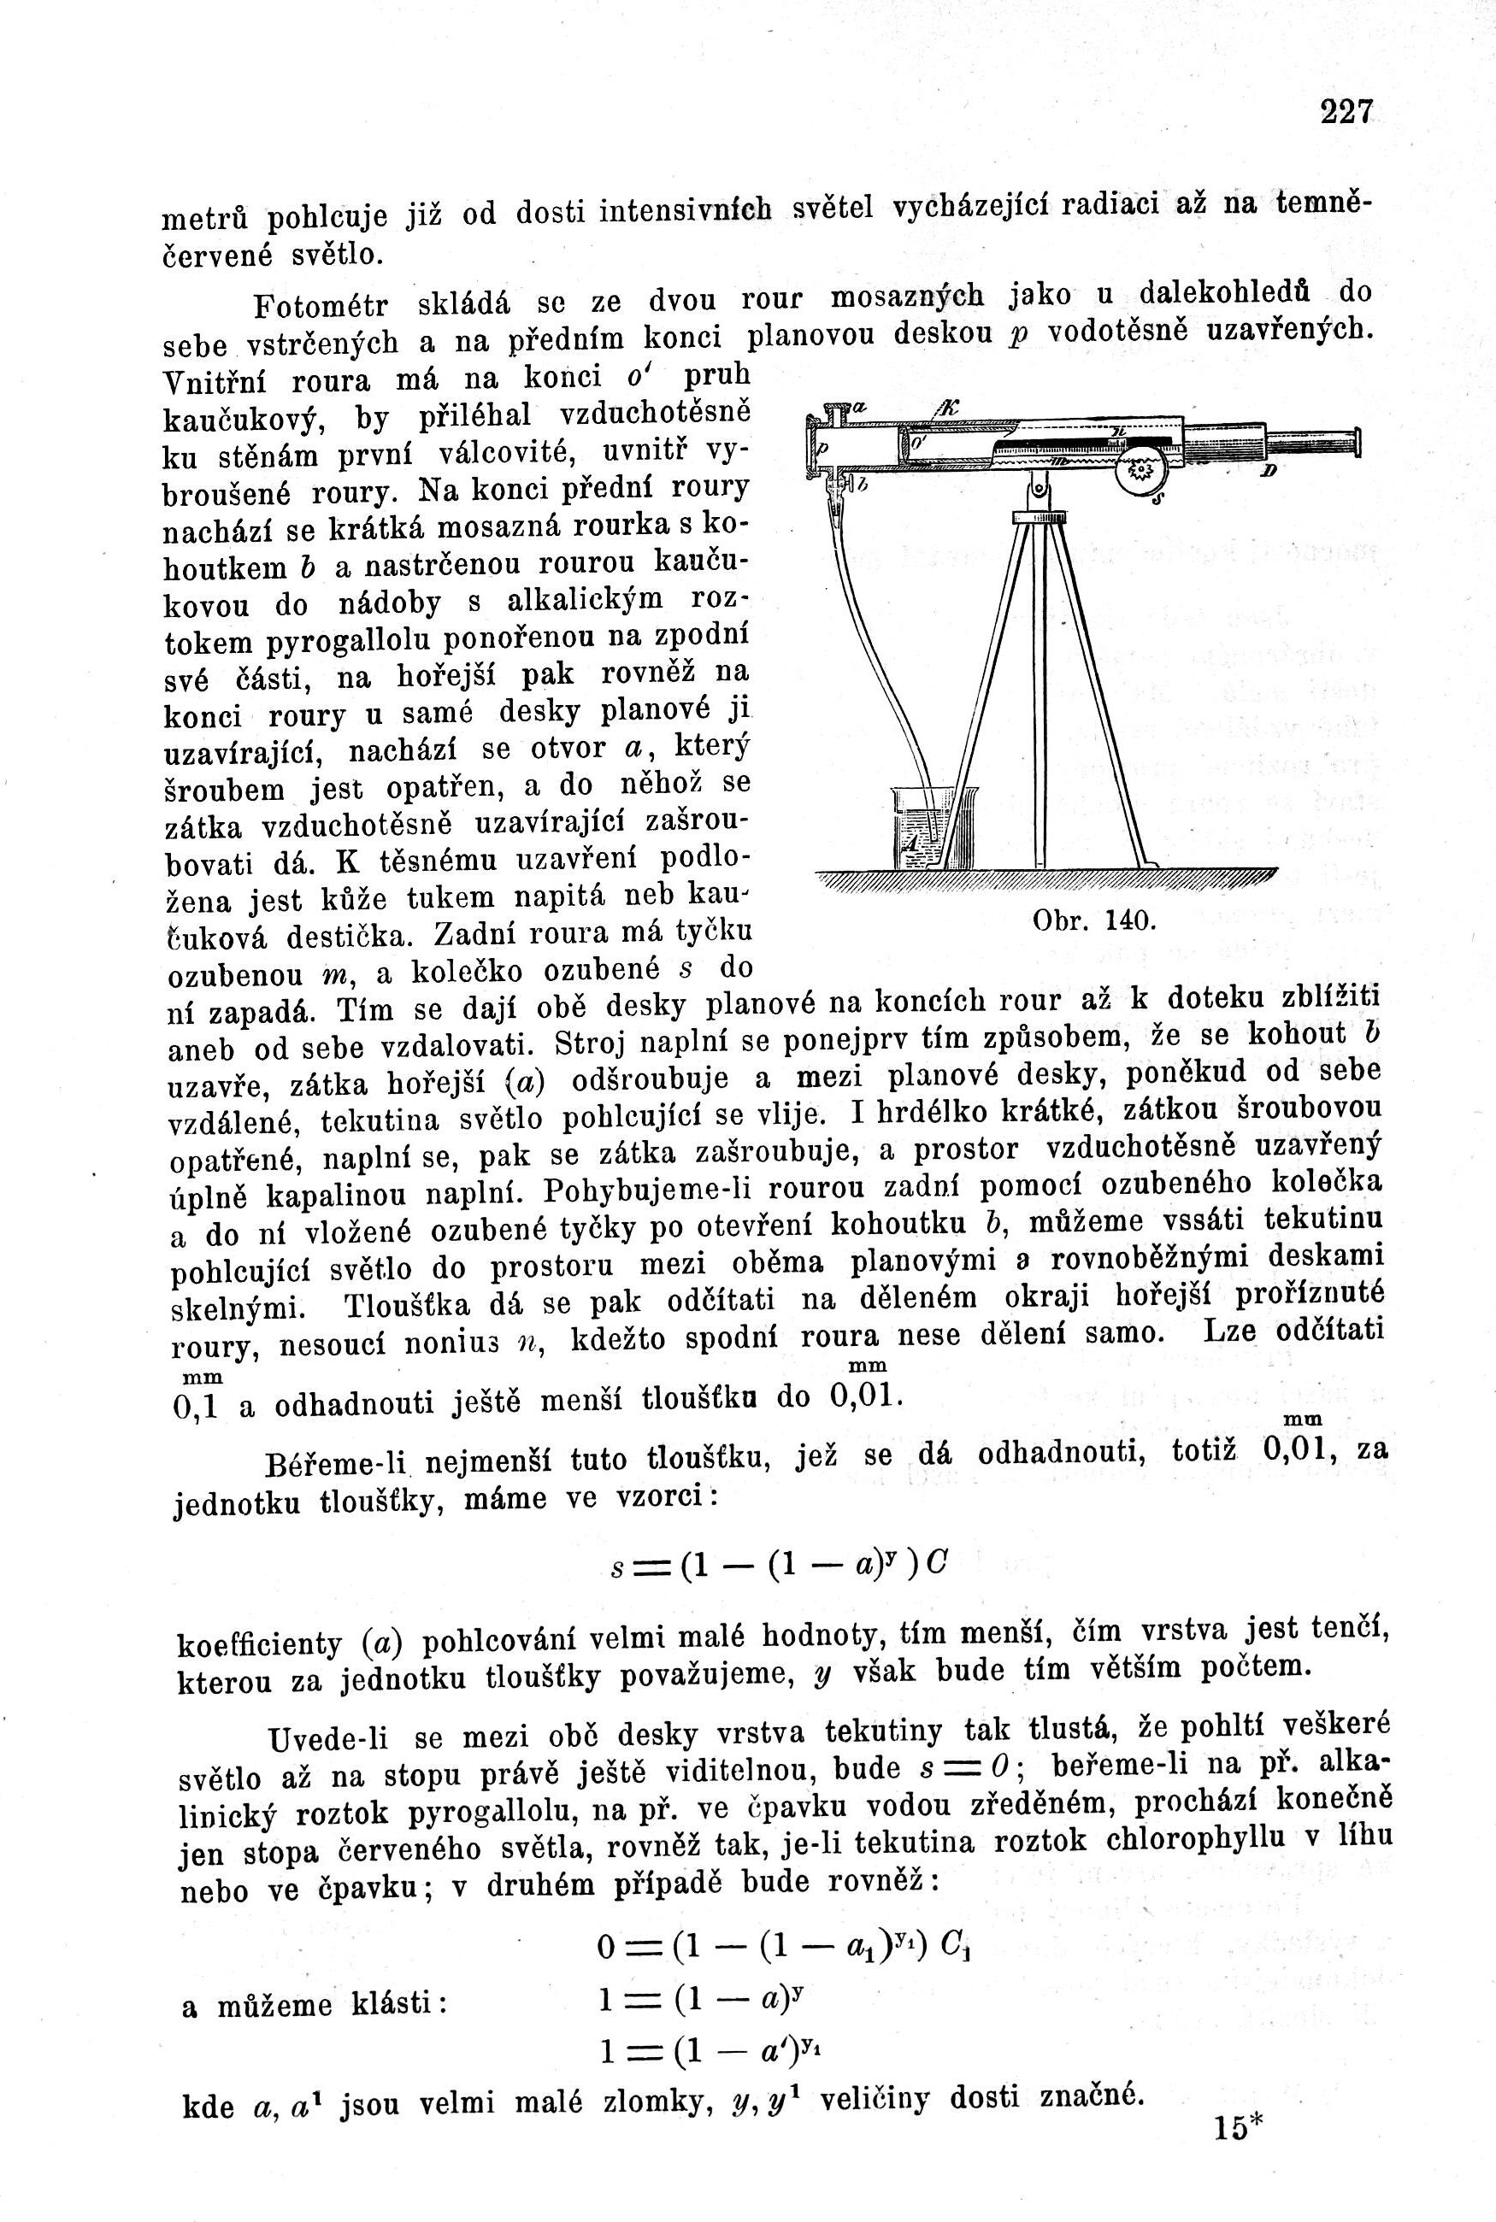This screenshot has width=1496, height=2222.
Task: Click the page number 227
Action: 1347,112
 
